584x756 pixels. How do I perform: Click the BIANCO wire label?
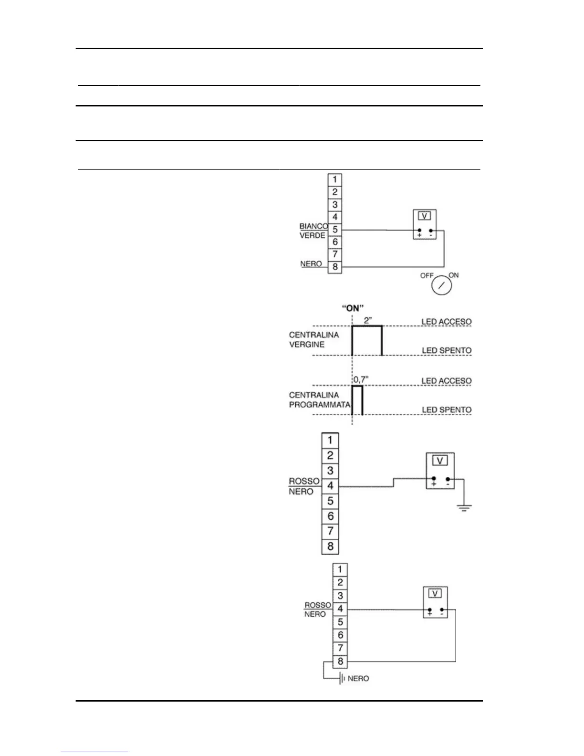313,226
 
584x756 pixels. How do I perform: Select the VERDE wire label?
312,235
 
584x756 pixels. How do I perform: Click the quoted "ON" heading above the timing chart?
353,308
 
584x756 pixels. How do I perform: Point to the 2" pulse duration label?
367,321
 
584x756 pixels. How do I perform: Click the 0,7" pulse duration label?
361,380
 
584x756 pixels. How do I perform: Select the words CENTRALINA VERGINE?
313,340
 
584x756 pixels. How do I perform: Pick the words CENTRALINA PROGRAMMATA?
319,400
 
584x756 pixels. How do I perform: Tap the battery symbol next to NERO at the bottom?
342,678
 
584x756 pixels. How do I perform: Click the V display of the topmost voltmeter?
424,216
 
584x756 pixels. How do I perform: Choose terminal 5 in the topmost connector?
335,230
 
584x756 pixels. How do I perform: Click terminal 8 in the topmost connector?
335,267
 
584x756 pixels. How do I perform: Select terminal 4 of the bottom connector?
340,609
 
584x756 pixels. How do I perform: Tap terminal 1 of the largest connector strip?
330,440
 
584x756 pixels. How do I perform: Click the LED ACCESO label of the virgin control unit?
446,322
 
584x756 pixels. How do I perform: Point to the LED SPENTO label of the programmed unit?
446,409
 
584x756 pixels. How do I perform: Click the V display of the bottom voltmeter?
435,593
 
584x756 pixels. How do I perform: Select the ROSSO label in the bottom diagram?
317,605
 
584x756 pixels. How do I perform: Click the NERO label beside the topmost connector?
311,264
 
